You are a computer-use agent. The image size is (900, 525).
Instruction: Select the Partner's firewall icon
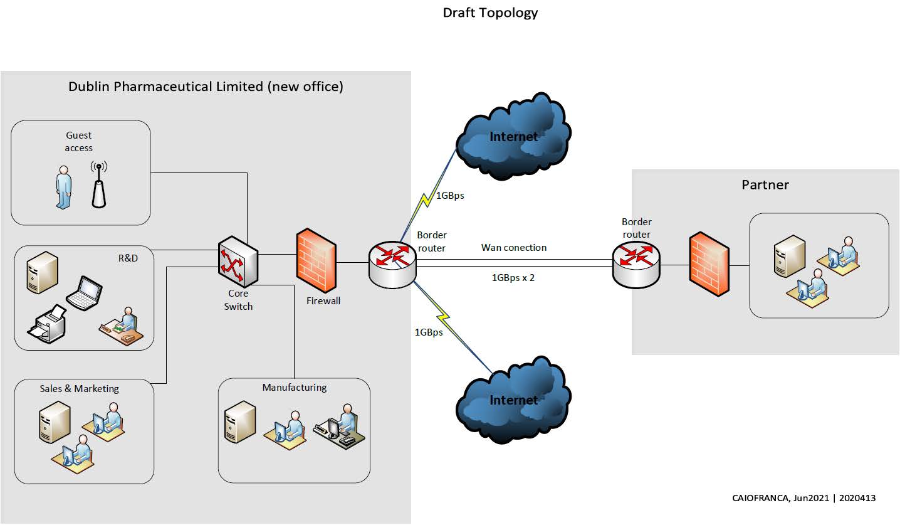[x=709, y=264]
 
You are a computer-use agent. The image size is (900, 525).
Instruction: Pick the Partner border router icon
[x=636, y=264]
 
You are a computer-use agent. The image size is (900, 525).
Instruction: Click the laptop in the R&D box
[x=84, y=293]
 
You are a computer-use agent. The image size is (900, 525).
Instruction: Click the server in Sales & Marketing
[x=55, y=422]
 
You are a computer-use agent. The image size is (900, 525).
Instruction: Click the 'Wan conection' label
[x=513, y=248]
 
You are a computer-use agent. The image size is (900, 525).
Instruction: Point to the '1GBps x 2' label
[x=513, y=277]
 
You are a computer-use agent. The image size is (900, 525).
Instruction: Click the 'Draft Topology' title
[x=490, y=13]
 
